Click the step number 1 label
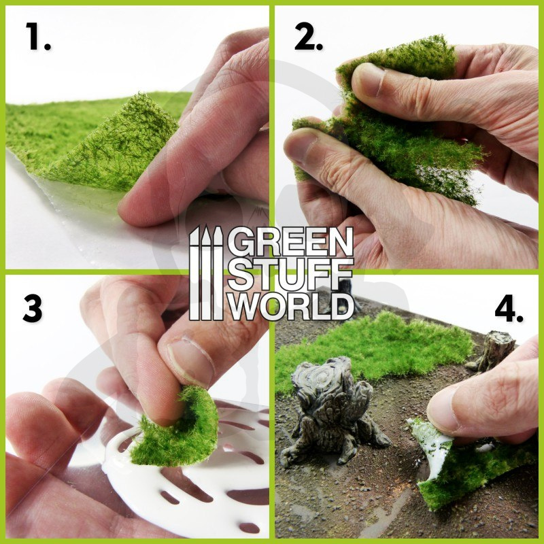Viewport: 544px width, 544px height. click(x=37, y=37)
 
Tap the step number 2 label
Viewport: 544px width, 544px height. click(x=309, y=37)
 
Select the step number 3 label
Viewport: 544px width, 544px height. click(x=32, y=309)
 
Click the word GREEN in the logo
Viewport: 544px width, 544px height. click(x=290, y=241)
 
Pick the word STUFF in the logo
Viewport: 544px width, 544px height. click(x=290, y=274)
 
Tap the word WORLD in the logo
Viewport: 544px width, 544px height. click(x=290, y=305)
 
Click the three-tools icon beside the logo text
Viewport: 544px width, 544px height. click(x=206, y=273)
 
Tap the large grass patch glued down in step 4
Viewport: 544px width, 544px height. click(x=375, y=350)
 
